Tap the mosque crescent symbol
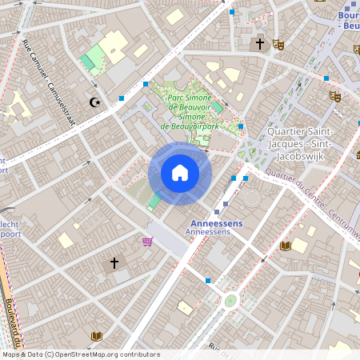96,102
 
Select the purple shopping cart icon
146,242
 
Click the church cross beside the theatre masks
260,44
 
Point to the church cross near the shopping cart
114,262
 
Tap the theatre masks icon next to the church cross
278,45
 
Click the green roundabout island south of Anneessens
230,301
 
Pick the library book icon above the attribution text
97,336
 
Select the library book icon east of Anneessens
286,246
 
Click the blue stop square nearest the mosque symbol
122,98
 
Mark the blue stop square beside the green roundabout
208,281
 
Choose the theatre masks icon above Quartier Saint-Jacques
334,96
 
